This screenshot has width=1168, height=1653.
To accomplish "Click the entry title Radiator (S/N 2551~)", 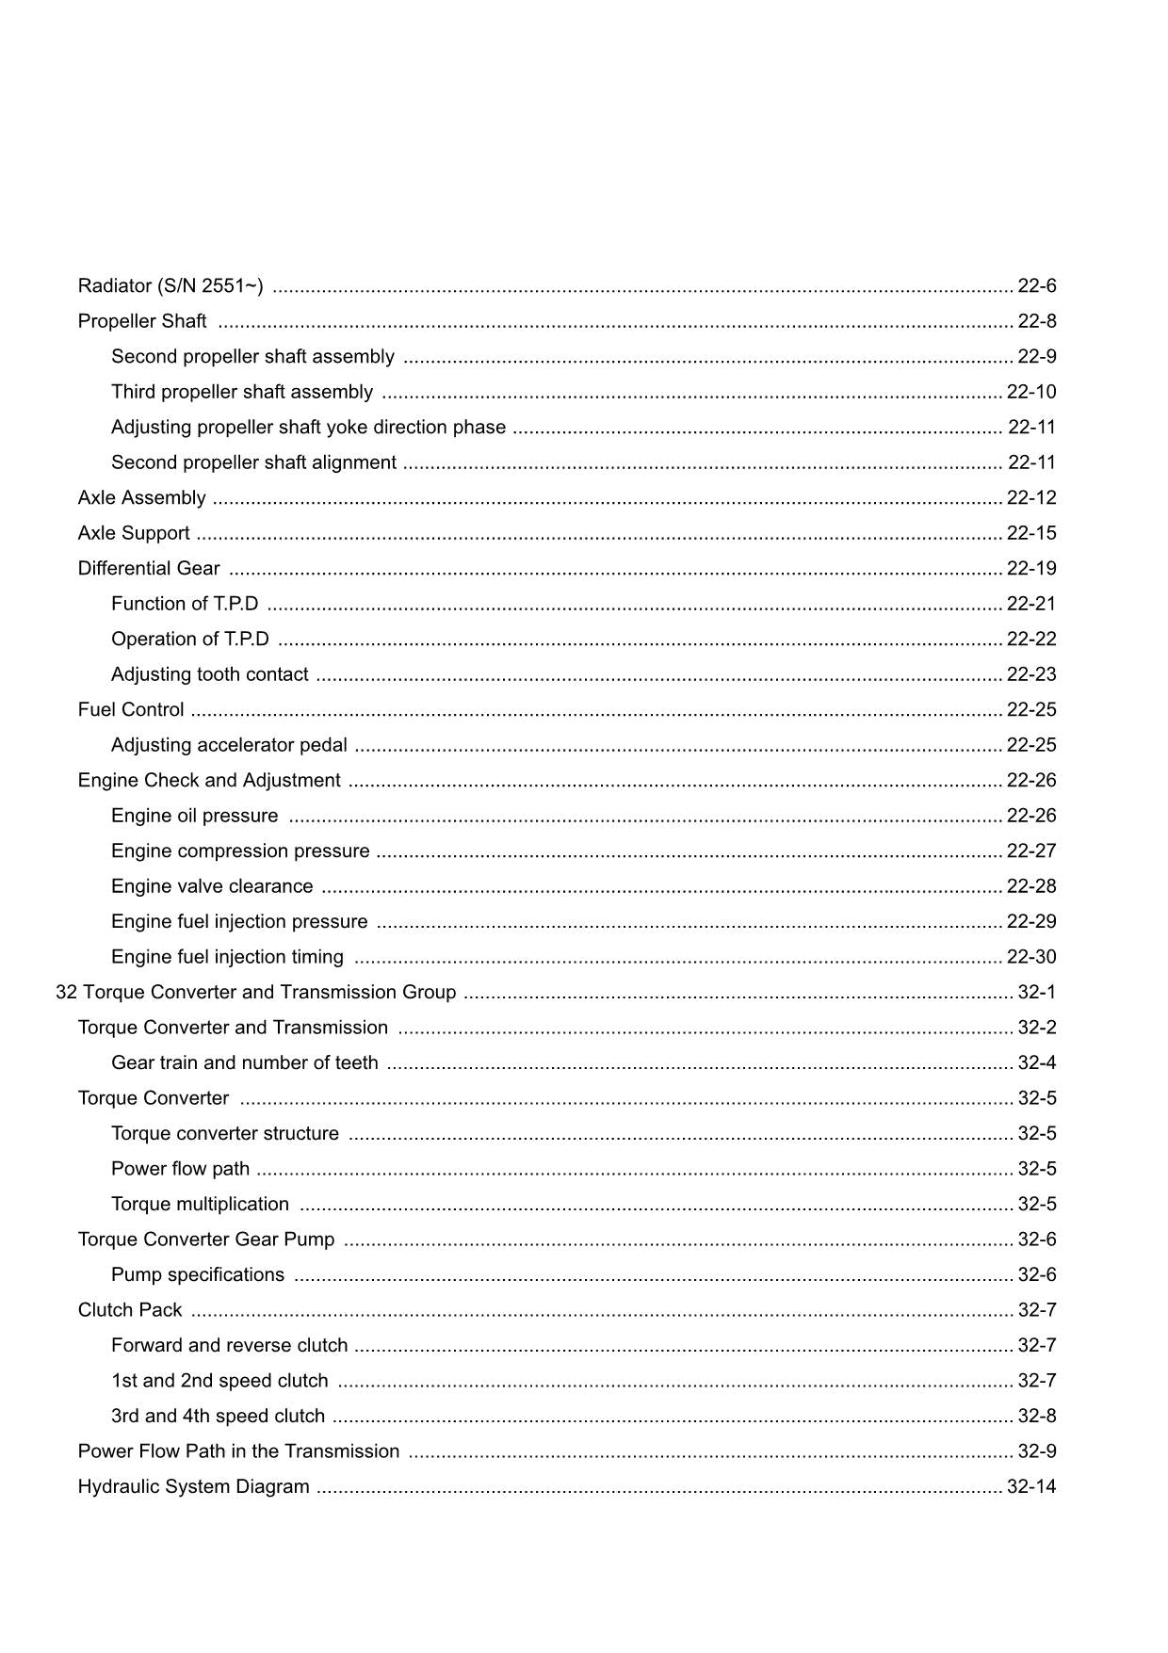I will coord(170,285).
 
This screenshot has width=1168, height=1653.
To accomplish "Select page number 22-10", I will coord(1031,392).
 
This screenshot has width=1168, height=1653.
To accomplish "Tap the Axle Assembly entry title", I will coord(141,497).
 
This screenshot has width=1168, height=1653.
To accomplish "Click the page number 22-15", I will coord(1031,533).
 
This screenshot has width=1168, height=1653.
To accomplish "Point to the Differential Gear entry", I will coord(149,568).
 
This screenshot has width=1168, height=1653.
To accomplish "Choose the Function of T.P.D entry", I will coord(185,604).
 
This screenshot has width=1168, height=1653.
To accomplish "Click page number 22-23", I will coord(1031,674).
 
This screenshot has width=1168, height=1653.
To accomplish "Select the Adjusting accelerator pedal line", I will coord(229,745).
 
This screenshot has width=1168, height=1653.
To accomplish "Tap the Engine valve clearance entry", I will coord(212,886).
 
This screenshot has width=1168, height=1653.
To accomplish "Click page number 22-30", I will coord(1031,957).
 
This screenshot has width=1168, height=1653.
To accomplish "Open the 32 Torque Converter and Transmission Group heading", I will coord(256,992).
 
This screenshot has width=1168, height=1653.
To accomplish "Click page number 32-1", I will coord(1037,992).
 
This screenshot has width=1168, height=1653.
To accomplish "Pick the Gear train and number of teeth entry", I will coord(245,1062).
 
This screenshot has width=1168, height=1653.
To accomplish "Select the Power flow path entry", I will coord(180,1169).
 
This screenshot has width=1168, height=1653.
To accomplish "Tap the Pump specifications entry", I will coord(198,1274).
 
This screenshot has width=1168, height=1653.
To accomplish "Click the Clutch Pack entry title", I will coord(130,1310).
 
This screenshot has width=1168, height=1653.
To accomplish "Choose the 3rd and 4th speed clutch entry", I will coord(218,1416).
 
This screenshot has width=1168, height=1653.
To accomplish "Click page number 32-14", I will coord(1031,1486).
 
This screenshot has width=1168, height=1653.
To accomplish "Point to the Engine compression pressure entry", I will coord(240,851).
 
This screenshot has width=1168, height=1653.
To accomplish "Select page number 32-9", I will coord(1037,1451).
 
